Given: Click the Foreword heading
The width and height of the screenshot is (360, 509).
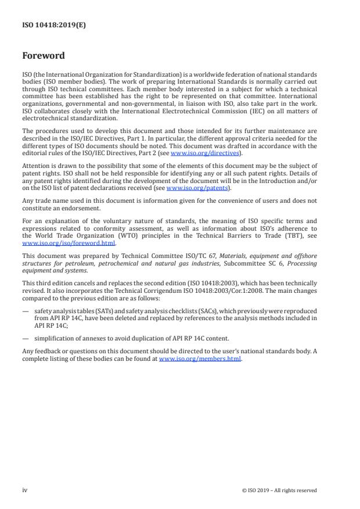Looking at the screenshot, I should click(x=44, y=56).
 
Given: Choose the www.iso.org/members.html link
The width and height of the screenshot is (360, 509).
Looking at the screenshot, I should click(x=199, y=359).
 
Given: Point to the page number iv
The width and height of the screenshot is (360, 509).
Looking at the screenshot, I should click(x=25, y=490).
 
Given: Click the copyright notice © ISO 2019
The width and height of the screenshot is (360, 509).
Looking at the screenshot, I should click(x=279, y=490).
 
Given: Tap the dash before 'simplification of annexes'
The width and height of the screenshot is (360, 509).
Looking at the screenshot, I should click(x=25, y=338).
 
